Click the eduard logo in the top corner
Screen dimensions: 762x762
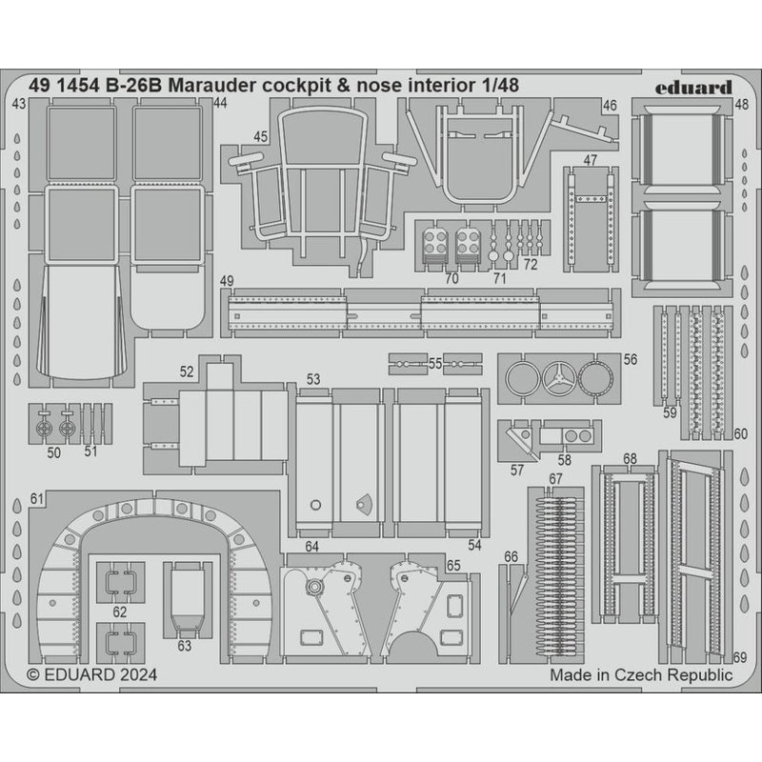tap(693, 88)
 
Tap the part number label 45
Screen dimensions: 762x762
tap(260, 137)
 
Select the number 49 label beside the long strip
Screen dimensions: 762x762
tap(227, 281)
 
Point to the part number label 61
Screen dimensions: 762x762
tap(37, 499)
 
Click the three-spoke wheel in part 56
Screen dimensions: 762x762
tap(559, 378)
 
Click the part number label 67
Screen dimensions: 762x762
tap(555, 479)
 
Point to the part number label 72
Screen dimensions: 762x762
tap(531, 265)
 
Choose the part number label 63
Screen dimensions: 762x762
tap(184, 646)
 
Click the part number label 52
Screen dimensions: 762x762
tap(187, 371)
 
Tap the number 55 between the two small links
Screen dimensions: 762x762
tap(435, 364)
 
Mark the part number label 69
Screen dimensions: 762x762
tap(740, 657)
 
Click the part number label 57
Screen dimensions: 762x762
tap(517, 470)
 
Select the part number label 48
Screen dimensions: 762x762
tap(742, 105)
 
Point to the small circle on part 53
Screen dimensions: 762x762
tap(315, 505)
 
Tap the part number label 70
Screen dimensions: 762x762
tap(451, 278)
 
